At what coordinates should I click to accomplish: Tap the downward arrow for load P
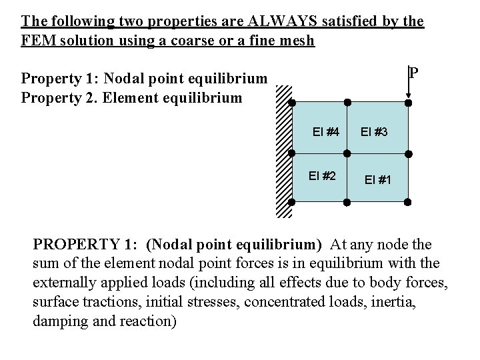click(408, 84)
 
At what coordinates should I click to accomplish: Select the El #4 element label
click(327, 131)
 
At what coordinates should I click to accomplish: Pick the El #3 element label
click(374, 132)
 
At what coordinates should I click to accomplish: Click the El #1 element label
click(377, 180)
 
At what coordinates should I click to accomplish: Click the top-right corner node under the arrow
click(408, 103)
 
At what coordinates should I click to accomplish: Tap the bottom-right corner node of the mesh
click(408, 202)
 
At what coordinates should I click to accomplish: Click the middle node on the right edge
click(408, 153)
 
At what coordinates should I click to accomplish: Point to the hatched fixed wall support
click(283, 152)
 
